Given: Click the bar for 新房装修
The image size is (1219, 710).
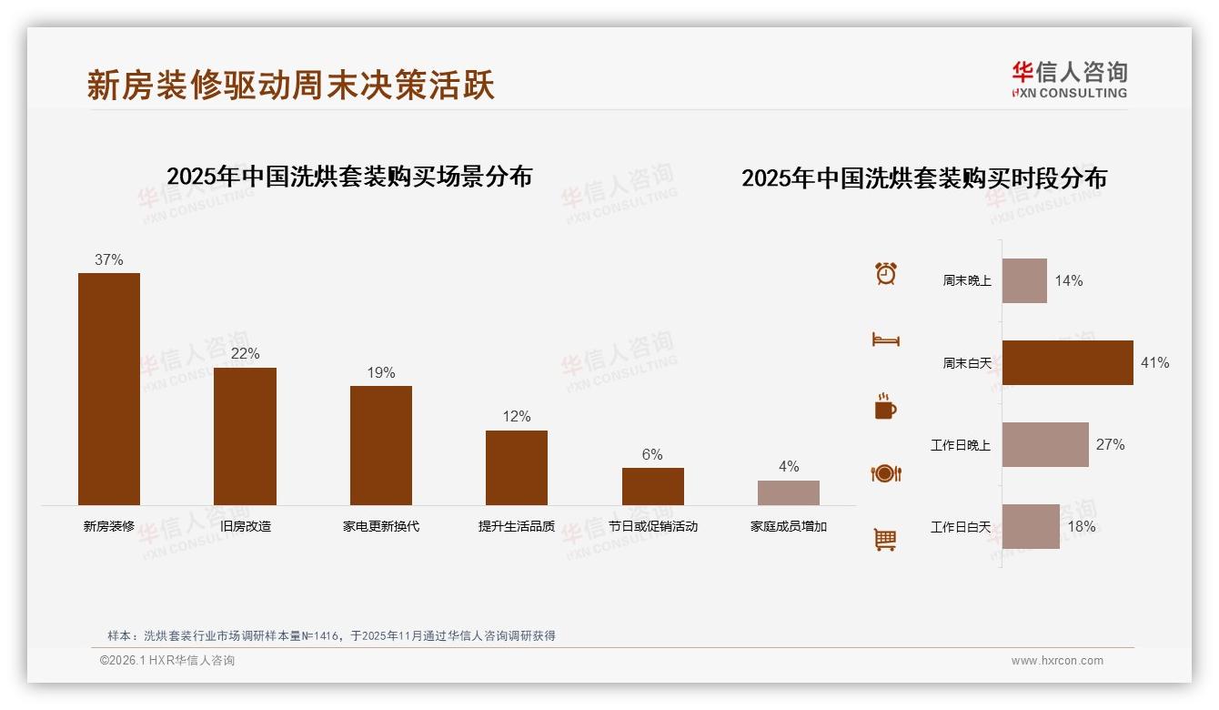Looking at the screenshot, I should [109, 389].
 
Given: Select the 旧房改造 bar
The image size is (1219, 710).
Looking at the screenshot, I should [245, 436].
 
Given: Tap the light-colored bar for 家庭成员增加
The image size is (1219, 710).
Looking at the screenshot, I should [789, 492].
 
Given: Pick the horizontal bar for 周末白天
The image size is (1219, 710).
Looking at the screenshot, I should [1068, 362].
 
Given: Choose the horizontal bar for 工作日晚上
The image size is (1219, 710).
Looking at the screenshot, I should [1045, 444].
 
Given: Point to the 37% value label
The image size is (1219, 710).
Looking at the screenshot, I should [109, 259].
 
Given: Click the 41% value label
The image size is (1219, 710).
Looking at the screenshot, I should [1155, 362].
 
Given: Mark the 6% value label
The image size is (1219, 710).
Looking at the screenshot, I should [652, 454].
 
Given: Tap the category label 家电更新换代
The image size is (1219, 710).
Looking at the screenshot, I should [381, 526].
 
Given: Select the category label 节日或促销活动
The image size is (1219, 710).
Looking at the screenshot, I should [652, 526].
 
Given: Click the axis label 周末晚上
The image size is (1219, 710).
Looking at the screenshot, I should [966, 281].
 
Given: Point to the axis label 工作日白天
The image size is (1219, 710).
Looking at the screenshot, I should [960, 527].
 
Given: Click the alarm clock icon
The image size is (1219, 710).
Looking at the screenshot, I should [886, 273].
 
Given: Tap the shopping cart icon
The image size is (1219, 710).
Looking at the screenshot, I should [885, 540].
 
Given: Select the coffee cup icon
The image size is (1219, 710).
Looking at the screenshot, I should [885, 407].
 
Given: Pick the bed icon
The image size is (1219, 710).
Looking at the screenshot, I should [885, 340].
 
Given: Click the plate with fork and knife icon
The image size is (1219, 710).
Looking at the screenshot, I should [885, 473].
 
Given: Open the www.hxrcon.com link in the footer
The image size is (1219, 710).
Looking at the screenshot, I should [1057, 661].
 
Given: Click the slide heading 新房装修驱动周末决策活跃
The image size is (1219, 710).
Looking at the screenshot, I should [291, 86].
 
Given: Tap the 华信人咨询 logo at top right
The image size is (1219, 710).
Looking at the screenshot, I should [1070, 79].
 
